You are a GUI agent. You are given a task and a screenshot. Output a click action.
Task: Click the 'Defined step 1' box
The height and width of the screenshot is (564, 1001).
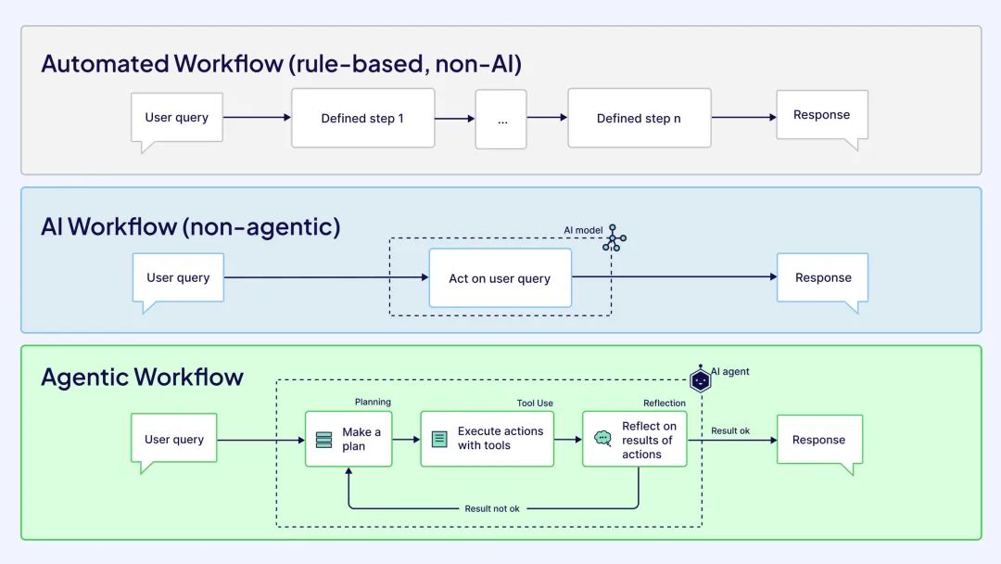tap(362, 118)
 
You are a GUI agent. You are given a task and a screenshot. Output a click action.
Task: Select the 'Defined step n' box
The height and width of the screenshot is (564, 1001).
tap(639, 118)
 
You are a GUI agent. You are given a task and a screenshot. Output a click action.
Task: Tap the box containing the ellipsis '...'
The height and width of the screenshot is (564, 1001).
tap(501, 119)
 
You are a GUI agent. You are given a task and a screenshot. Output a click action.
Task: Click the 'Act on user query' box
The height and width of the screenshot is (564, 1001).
tap(500, 278)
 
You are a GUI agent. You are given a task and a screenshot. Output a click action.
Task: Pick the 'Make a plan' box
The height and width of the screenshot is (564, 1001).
tap(348, 439)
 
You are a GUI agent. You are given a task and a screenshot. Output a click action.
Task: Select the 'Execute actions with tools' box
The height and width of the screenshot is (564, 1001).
tap(488, 439)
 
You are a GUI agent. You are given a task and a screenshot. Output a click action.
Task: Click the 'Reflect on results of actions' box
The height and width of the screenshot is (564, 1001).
tap(635, 440)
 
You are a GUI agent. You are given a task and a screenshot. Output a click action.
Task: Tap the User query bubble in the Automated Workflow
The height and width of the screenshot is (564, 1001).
tap(177, 117)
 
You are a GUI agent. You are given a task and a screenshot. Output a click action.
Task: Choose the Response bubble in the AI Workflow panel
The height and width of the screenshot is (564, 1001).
tap(822, 278)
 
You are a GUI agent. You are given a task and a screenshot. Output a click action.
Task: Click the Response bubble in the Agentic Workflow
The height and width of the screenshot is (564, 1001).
tap(818, 440)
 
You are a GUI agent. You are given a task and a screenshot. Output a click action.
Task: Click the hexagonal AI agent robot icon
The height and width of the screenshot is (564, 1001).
tap(701, 379)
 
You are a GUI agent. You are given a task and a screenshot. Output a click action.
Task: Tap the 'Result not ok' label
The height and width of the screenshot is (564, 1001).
tap(492, 508)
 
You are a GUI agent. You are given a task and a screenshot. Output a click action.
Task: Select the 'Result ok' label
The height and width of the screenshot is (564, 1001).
tap(730, 430)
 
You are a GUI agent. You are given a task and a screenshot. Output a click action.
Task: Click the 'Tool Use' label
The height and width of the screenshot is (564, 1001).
tap(535, 403)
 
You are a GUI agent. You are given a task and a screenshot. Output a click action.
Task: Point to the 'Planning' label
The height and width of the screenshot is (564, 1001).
tap(373, 402)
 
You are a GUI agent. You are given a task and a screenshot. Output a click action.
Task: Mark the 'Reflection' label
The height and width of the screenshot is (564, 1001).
tap(665, 403)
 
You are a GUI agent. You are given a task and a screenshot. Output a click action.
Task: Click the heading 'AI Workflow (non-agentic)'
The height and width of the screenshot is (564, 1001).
tap(190, 226)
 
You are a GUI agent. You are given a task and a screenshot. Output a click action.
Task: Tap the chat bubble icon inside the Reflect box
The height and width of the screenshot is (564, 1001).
tap(603, 438)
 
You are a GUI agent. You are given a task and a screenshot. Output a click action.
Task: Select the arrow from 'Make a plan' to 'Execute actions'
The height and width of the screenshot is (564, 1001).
tap(406, 440)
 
